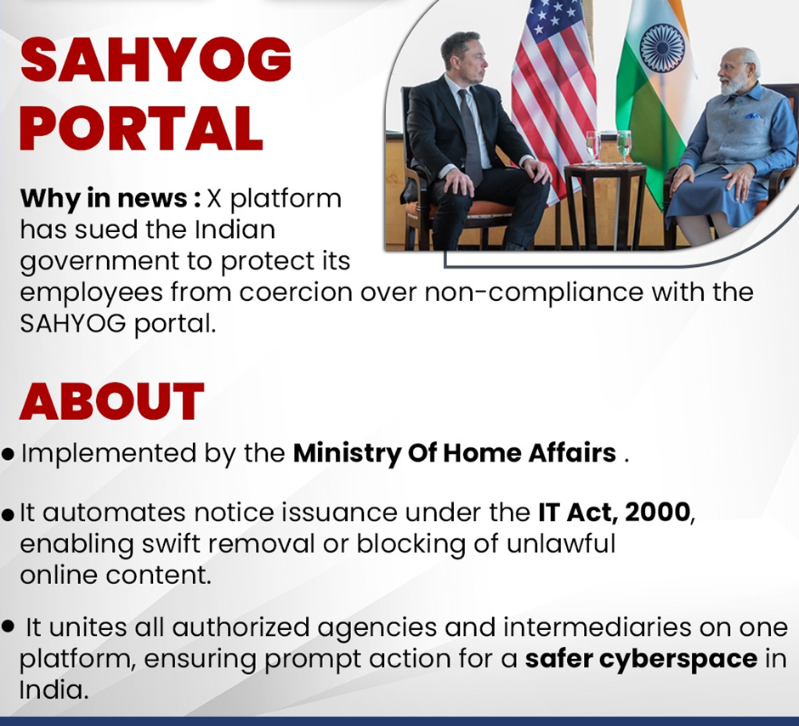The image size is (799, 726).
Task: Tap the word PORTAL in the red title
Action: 141,128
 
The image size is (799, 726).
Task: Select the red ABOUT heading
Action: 111,401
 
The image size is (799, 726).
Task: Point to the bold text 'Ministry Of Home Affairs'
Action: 455,453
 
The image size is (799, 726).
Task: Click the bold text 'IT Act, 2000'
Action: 614,512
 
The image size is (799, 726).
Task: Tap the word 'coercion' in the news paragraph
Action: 296,292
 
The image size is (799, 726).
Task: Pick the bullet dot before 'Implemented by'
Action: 8,454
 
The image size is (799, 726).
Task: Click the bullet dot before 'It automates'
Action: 8,515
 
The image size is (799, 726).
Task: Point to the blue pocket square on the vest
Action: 751,116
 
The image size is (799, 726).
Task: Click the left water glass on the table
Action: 593,147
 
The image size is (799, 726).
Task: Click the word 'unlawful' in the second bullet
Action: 561,543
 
